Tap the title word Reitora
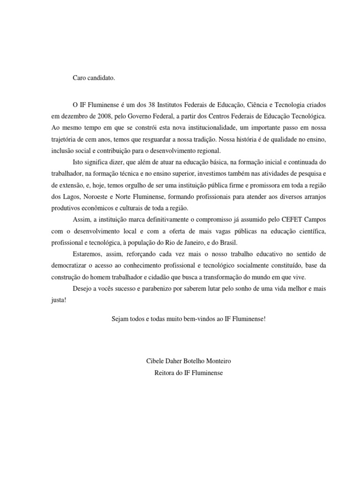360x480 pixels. (165, 373)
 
